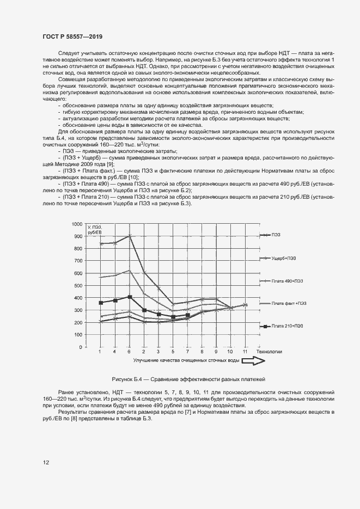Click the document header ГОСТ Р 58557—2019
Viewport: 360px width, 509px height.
pyautogui.click(x=72, y=36)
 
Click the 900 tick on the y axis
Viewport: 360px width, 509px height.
pyautogui.click(x=78, y=236)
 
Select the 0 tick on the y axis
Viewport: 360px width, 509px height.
pyautogui.click(x=81, y=347)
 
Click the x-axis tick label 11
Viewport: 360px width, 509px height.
pyautogui.click(x=245, y=352)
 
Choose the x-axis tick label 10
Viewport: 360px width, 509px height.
pyautogui.click(x=230, y=352)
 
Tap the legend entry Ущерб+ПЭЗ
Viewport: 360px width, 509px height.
pyautogui.click(x=285, y=257)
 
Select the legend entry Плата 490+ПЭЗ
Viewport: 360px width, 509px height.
pyautogui.click(x=288, y=280)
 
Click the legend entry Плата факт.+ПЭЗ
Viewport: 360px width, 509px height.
pyautogui.click(x=289, y=303)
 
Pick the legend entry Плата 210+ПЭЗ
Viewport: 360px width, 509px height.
pyautogui.click(x=288, y=326)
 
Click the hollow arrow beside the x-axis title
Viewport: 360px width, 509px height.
pyautogui.click(x=260, y=360)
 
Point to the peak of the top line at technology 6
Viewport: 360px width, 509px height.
pyautogui.click(x=129, y=236)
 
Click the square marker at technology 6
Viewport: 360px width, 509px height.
pyautogui.click(x=129, y=297)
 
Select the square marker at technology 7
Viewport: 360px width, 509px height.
pyautogui.click(x=187, y=315)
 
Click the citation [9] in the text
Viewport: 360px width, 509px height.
pyautogui.click(x=110, y=164)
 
